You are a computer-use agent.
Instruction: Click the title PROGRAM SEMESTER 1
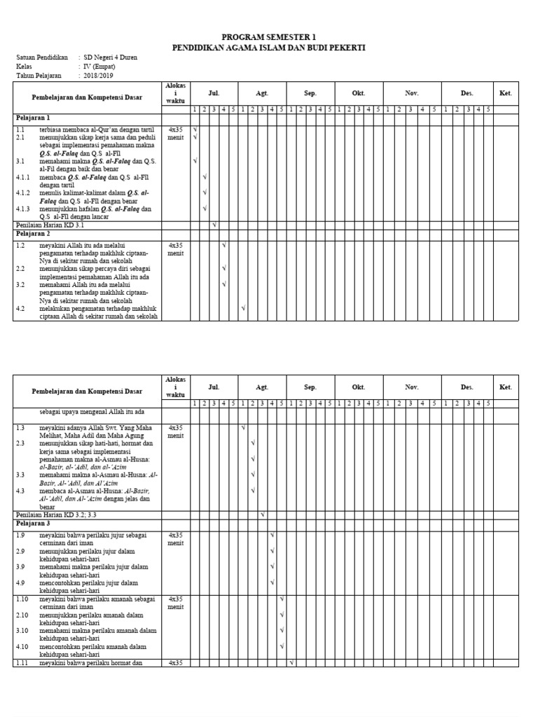(x=269, y=37)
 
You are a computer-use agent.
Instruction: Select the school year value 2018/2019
(x=99, y=75)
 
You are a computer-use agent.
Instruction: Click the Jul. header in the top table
(x=214, y=93)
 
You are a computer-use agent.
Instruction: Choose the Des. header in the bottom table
(x=467, y=387)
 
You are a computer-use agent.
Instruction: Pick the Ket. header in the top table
(x=506, y=93)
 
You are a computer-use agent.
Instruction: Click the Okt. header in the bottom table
(x=358, y=387)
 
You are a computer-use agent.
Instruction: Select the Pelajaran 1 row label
(x=33, y=118)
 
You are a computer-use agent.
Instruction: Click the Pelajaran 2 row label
(x=33, y=235)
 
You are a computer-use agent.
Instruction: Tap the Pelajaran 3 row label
(x=33, y=523)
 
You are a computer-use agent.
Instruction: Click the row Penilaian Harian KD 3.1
(x=50, y=225)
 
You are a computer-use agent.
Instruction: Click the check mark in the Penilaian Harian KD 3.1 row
(x=214, y=225)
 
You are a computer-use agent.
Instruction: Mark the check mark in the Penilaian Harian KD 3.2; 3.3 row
(x=262, y=515)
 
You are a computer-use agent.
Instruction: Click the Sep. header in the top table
(x=310, y=93)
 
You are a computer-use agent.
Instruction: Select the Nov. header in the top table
(x=411, y=93)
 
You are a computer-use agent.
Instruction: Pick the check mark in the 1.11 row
(x=291, y=662)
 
